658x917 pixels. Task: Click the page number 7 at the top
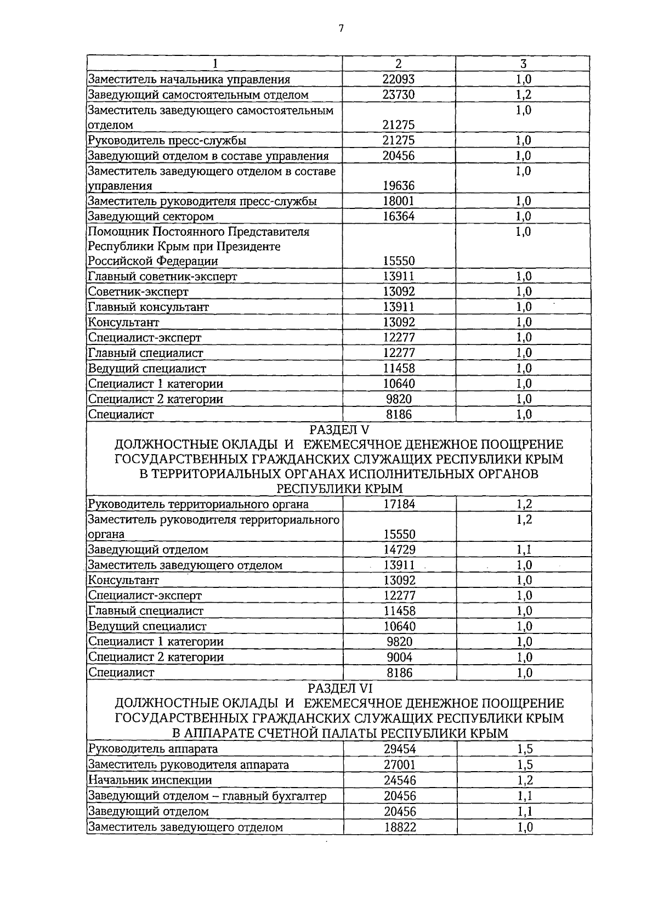341,29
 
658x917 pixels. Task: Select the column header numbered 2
399,64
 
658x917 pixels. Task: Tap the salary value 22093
399,80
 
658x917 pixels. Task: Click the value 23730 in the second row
399,95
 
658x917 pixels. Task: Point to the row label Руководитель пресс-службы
167,140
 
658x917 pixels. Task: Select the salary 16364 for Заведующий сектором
399,217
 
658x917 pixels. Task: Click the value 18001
399,201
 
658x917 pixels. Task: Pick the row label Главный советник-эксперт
163,277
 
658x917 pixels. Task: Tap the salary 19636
399,186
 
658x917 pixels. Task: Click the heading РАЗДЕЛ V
340,429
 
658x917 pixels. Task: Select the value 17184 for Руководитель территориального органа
399,504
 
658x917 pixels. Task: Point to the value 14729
399,550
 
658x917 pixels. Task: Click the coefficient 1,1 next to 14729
524,550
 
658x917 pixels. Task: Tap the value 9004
399,657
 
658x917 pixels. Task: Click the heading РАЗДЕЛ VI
340,688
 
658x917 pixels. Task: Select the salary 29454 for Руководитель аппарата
399,750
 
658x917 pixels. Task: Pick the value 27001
399,765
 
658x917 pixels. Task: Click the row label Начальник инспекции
150,780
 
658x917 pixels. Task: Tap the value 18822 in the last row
399,827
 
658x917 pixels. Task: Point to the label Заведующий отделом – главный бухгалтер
207,796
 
